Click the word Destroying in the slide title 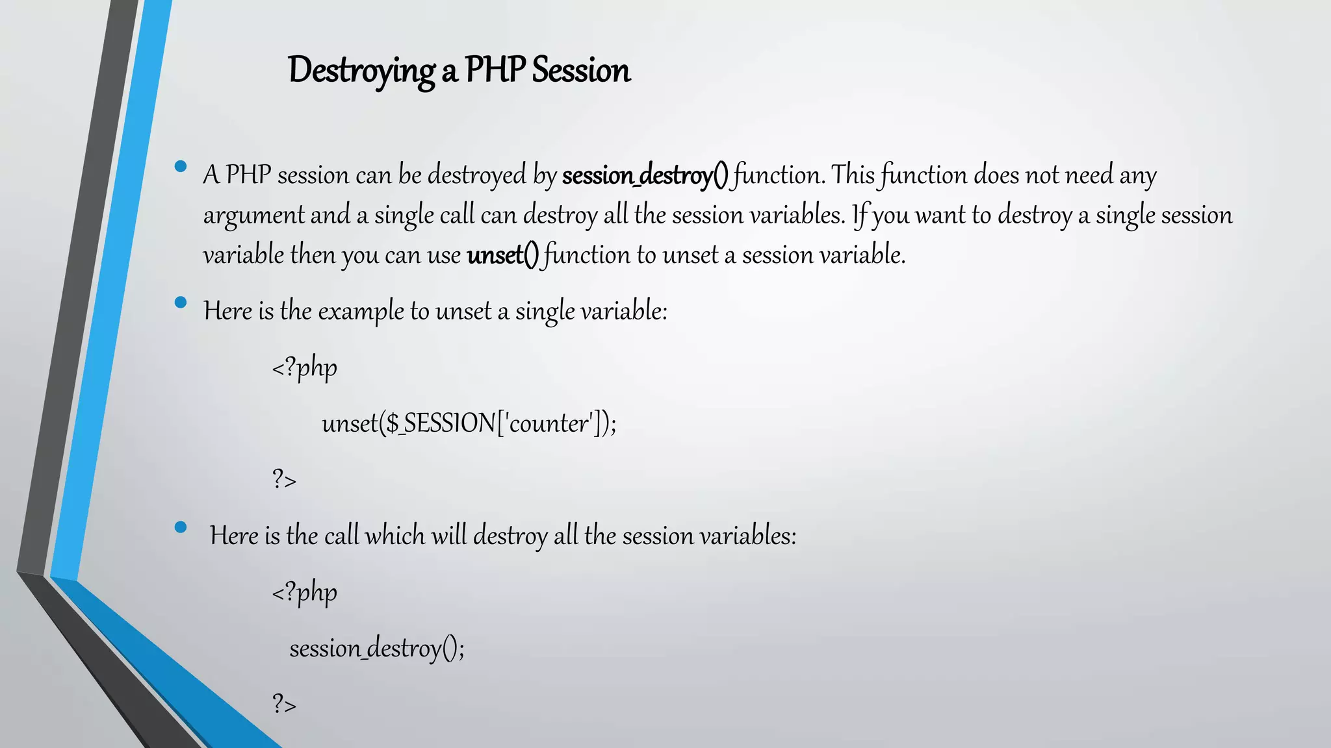point(361,70)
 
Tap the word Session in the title point(581,70)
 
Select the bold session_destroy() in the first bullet point(645,175)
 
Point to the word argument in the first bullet point(253,216)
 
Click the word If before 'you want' point(860,215)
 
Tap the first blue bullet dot point(181,166)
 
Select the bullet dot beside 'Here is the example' point(181,302)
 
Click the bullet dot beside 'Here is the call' point(181,527)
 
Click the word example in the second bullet point(361,311)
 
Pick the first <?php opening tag point(304,368)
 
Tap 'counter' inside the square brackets point(550,423)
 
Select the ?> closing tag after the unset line point(284,480)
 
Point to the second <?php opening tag point(304,592)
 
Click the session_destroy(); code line point(377,648)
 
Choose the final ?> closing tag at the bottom point(284,704)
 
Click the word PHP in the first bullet point(248,175)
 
